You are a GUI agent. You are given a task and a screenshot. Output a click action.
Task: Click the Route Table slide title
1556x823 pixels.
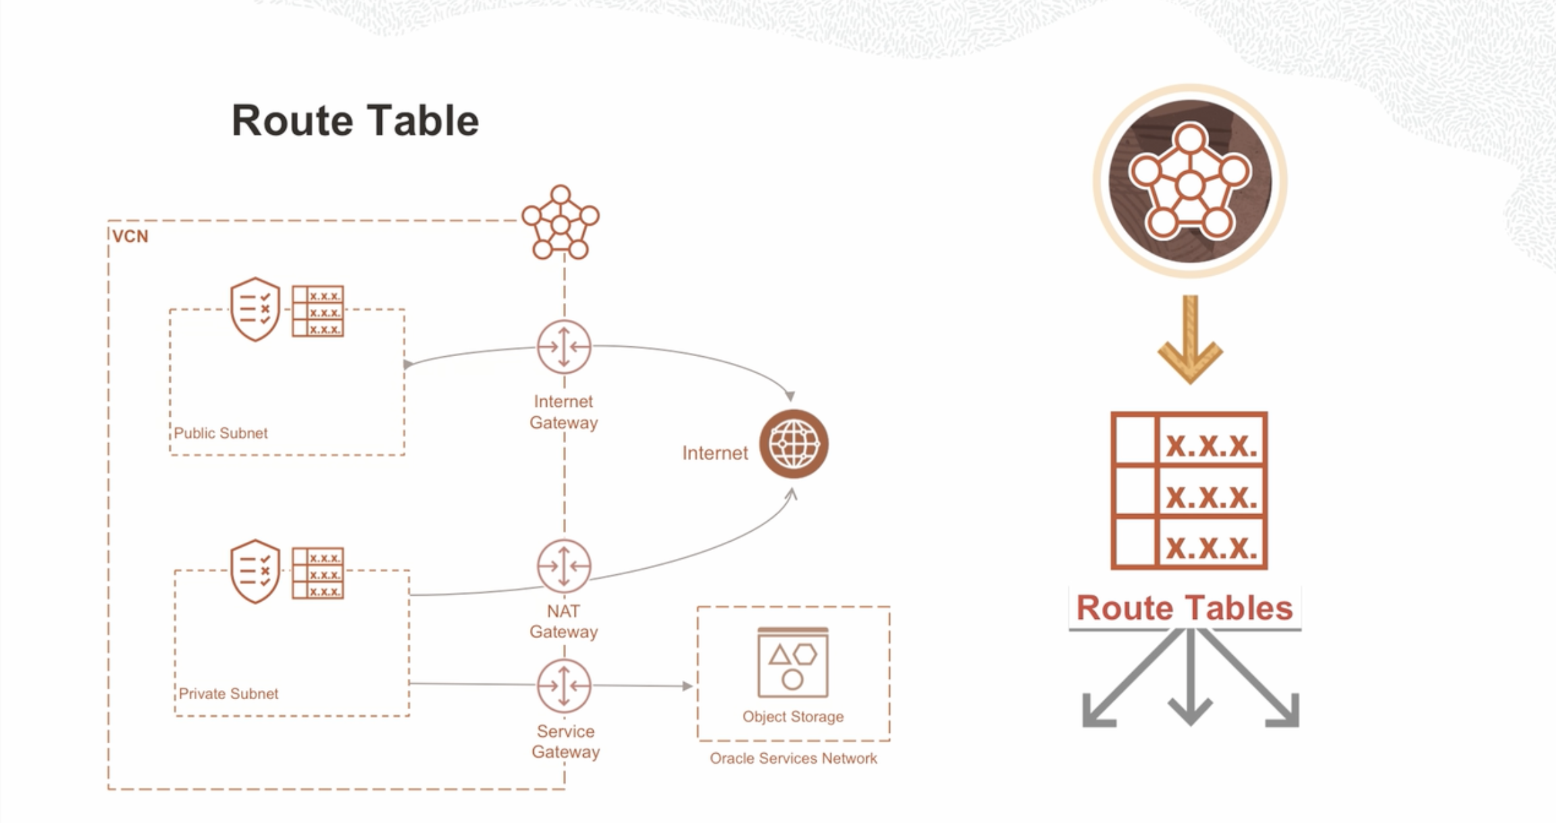pyautogui.click(x=355, y=120)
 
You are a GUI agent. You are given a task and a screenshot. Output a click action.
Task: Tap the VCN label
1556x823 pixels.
pyautogui.click(x=130, y=236)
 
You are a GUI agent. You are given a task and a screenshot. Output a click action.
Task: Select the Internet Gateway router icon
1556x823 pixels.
pyautogui.click(x=563, y=346)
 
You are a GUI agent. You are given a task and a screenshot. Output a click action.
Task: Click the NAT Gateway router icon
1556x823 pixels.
pyautogui.click(x=563, y=566)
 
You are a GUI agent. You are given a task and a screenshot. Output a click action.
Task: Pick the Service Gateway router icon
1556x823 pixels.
pyautogui.click(x=563, y=685)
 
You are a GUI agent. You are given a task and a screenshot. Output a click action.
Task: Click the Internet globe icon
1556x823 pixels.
pyautogui.click(x=793, y=444)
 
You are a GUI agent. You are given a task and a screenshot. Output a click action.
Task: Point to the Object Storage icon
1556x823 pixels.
pyautogui.click(x=792, y=662)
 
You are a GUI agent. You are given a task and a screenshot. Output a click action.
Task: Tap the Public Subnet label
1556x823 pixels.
pyautogui.click(x=220, y=433)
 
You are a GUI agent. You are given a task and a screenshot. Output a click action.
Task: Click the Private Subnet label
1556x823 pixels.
pyautogui.click(x=228, y=693)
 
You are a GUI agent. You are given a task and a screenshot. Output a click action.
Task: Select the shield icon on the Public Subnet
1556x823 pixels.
pyautogui.click(x=255, y=309)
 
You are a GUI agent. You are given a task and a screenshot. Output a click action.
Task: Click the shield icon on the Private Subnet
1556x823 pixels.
pyautogui.click(x=255, y=571)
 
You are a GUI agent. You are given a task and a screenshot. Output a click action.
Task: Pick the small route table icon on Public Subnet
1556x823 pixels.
pyautogui.click(x=318, y=311)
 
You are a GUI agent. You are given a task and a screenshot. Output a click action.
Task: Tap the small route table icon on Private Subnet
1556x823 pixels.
pyautogui.click(x=318, y=573)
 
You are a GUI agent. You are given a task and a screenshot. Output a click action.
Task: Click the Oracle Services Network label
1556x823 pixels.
pyautogui.click(x=793, y=758)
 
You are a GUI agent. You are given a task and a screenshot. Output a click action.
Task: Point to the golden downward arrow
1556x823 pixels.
pyautogui.click(x=1189, y=340)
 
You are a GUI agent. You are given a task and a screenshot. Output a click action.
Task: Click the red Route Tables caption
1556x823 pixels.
pyautogui.click(x=1184, y=608)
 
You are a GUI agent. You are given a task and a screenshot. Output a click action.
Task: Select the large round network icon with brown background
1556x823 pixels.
pyautogui.click(x=1189, y=181)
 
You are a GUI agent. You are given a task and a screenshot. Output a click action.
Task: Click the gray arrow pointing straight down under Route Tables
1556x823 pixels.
pyautogui.click(x=1189, y=685)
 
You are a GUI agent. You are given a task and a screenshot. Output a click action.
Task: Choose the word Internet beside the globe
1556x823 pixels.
pyautogui.click(x=715, y=453)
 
